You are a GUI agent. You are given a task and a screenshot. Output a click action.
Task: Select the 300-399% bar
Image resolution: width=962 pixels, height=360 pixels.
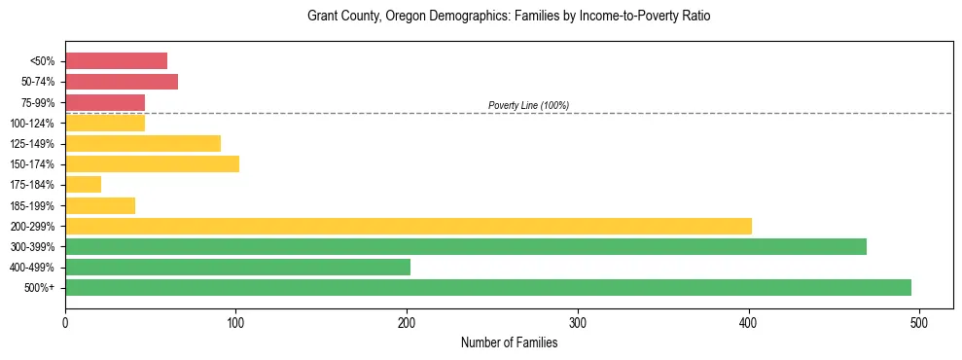[466, 246]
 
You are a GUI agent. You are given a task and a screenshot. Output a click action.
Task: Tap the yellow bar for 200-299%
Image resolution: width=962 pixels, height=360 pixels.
[409, 226]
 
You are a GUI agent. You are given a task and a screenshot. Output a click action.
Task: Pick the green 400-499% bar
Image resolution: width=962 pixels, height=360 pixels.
[237, 267]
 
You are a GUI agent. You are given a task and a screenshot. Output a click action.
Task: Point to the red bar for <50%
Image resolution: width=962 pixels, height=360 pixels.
[116, 61]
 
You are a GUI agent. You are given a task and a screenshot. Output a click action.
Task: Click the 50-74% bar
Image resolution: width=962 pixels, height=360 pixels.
[122, 82]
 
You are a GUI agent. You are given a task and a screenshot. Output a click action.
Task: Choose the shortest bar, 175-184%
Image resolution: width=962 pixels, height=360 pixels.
[83, 184]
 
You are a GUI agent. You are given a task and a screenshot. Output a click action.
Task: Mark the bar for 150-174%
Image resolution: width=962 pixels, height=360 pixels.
[152, 163]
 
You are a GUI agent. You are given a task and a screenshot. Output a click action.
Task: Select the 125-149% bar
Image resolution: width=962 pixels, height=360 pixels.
[143, 143]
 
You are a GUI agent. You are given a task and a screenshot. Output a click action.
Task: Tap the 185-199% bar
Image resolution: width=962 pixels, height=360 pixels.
[100, 205]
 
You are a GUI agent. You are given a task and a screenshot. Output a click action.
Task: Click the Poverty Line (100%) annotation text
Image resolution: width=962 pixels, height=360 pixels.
[528, 105]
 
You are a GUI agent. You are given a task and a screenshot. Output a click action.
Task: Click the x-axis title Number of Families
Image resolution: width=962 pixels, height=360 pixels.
[509, 342]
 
